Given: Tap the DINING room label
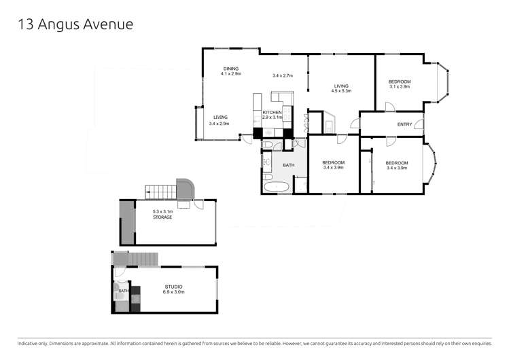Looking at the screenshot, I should point(231,69).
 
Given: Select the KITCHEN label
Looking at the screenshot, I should point(273,112).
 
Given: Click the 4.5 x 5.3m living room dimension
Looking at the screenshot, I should point(342,91).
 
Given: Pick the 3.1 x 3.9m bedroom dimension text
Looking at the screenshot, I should point(400,86).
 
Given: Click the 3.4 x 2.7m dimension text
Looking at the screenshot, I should point(282,75).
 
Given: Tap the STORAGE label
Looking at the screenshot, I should point(162,217).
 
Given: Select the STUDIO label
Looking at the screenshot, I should point(173,289).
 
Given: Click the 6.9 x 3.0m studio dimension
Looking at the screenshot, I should point(173,294).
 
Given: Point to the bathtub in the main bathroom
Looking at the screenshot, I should point(277,185).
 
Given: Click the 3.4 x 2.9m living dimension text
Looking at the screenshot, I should point(219,124).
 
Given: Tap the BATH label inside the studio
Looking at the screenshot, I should point(123,291).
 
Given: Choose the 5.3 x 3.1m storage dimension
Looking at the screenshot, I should point(162,211).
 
